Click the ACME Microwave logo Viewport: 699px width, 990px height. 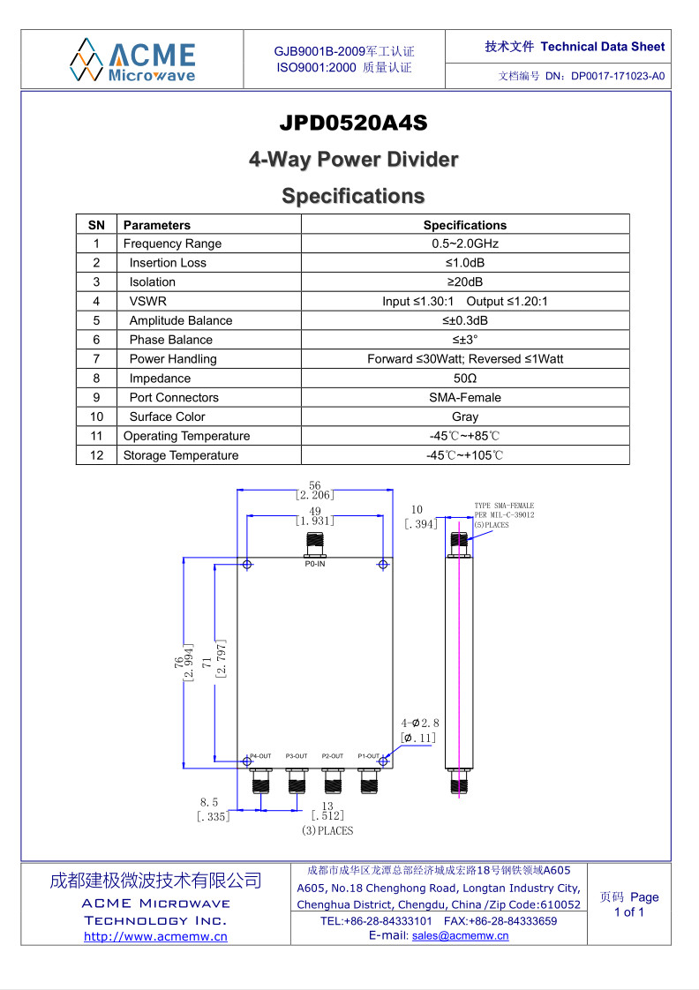[x=132, y=60]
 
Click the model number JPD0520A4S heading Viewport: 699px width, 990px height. [x=353, y=123]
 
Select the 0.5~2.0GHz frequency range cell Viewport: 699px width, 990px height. [x=465, y=244]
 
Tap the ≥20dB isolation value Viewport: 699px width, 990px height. [x=465, y=281]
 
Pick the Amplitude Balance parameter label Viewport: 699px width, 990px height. [x=181, y=321]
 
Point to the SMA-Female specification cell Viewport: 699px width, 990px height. [x=465, y=398]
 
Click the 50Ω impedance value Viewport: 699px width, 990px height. [x=465, y=379]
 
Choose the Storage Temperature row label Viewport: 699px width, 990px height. [x=181, y=455]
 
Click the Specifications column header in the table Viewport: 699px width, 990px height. [x=465, y=225]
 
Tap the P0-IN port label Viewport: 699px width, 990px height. [x=314, y=564]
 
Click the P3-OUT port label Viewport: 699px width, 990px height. [x=297, y=756]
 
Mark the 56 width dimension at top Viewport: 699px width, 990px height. [x=314, y=485]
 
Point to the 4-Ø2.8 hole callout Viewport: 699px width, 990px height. [x=420, y=723]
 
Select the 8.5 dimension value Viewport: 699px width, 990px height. [x=209, y=802]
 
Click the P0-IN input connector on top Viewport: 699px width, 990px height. [x=314, y=545]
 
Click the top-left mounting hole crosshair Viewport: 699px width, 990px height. [x=247, y=565]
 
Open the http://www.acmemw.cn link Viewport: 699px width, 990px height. [x=155, y=936]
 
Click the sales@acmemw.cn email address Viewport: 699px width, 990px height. [x=461, y=935]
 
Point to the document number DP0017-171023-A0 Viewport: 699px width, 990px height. [x=618, y=76]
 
